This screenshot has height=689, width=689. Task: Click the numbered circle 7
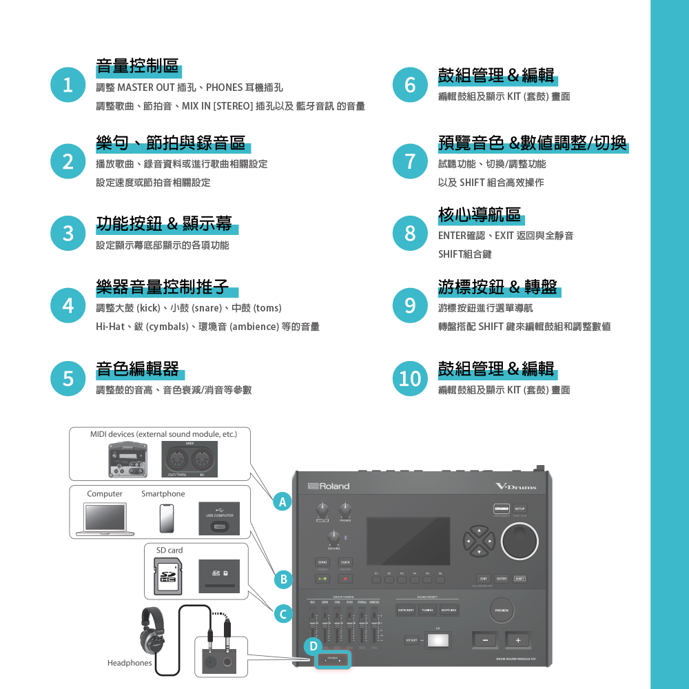tap(411, 161)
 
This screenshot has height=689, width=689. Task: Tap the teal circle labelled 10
tap(411, 378)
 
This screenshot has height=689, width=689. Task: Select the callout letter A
tap(281, 502)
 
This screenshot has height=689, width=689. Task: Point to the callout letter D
tap(313, 646)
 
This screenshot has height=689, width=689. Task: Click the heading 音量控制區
tap(138, 67)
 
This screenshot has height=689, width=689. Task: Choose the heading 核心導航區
tap(480, 215)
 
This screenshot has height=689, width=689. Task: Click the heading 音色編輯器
tap(138, 369)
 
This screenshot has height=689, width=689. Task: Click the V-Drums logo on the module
tap(515, 486)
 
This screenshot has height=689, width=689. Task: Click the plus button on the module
tap(518, 641)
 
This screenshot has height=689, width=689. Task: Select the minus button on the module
tap(486, 641)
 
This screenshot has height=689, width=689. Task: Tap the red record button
tap(345, 579)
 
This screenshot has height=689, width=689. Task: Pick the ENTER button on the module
tap(502, 578)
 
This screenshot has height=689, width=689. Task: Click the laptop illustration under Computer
tap(105, 518)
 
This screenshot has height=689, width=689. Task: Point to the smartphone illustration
tap(166, 518)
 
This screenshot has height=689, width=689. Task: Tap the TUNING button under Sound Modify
tap(427, 610)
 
